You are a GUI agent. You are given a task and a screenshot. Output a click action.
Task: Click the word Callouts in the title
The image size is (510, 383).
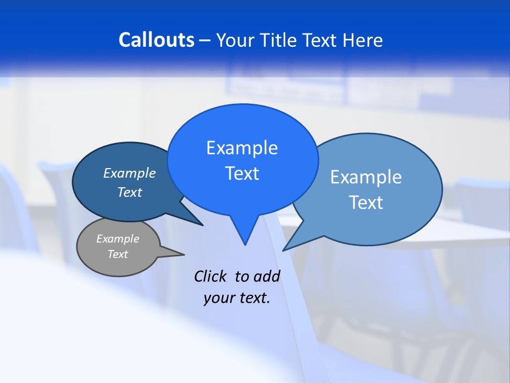click(x=157, y=40)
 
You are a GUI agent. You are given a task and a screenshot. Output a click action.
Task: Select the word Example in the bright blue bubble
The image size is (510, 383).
click(x=242, y=148)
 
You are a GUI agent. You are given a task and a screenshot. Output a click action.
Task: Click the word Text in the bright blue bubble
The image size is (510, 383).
click(x=242, y=173)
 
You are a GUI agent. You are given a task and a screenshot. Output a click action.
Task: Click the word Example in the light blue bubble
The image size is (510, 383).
click(x=366, y=177)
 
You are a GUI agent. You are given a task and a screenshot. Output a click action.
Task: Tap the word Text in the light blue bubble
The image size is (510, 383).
click(x=366, y=203)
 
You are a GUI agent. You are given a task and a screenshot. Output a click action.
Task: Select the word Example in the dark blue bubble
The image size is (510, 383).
click(x=129, y=173)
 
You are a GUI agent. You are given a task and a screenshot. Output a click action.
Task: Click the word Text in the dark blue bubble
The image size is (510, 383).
click(x=129, y=192)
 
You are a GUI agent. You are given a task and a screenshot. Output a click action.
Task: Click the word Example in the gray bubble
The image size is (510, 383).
click(x=117, y=239)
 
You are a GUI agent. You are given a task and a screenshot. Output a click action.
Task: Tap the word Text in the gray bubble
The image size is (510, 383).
click(x=117, y=254)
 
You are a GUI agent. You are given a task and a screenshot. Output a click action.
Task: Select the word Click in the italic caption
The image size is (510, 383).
click(x=211, y=276)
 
